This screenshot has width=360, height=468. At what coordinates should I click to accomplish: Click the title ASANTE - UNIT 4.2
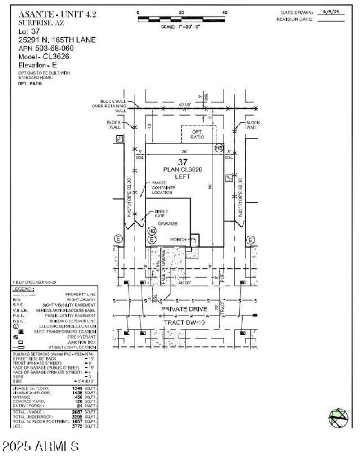coord(57,14)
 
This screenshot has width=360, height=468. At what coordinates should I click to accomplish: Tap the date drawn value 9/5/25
coord(330,13)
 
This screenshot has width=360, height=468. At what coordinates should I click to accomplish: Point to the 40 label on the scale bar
coord(225,13)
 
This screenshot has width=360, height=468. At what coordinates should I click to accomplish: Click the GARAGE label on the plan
coord(167,223)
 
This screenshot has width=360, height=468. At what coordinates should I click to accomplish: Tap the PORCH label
coord(178,240)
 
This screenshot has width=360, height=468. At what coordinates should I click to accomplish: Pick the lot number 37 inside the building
coord(182,162)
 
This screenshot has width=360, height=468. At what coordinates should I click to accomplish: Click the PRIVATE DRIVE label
coord(184,309)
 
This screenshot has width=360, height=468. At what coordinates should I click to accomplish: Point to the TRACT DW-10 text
coord(184,322)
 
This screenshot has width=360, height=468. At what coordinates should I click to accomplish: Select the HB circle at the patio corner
coord(219,148)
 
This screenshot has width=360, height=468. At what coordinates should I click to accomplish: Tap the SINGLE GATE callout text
coord(161,214)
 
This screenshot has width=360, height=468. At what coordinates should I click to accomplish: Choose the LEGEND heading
coord(23,289)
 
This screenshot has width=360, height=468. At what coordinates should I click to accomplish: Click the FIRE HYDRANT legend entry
coord(81,336)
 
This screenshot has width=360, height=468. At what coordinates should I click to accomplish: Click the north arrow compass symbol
coord(338,417)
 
